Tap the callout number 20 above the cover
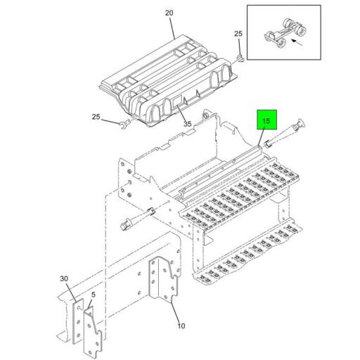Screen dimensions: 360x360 coord(169,13)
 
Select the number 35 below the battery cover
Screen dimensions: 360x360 coord(188,124)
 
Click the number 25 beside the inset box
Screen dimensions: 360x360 coord(238,34)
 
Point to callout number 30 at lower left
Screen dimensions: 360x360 coord(64,279)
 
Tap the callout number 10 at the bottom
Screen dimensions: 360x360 coord(181,326)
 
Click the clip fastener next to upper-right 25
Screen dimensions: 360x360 coord(242,56)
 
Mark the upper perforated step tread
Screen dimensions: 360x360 coord(239,197)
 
